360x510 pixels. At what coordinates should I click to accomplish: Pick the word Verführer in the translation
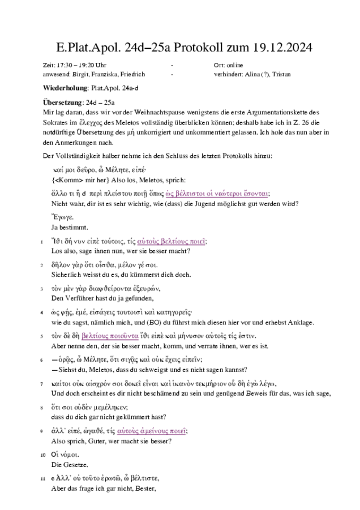(76, 298)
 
